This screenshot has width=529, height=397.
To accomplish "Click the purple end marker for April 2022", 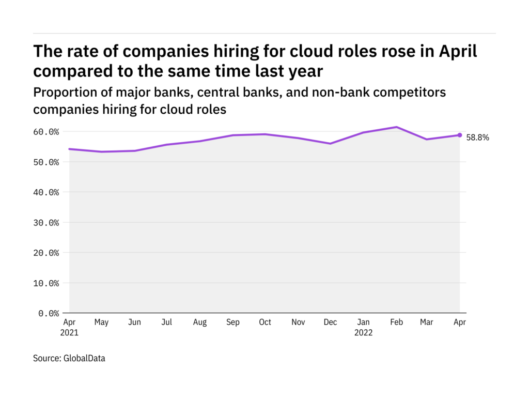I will tap(460, 135).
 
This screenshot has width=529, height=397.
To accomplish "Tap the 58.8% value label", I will tap(477, 138).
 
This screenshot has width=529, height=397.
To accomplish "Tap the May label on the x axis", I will tap(102, 323).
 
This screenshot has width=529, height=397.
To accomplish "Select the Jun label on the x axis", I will tap(134, 323).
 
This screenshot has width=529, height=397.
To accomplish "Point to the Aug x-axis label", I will tap(199, 323).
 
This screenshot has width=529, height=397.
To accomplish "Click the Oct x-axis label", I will tap(264, 323).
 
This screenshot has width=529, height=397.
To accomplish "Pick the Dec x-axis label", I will tap(330, 323).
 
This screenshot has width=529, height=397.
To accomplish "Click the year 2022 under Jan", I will tap(363, 333).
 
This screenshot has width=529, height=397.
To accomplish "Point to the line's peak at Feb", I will tap(396, 127).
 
